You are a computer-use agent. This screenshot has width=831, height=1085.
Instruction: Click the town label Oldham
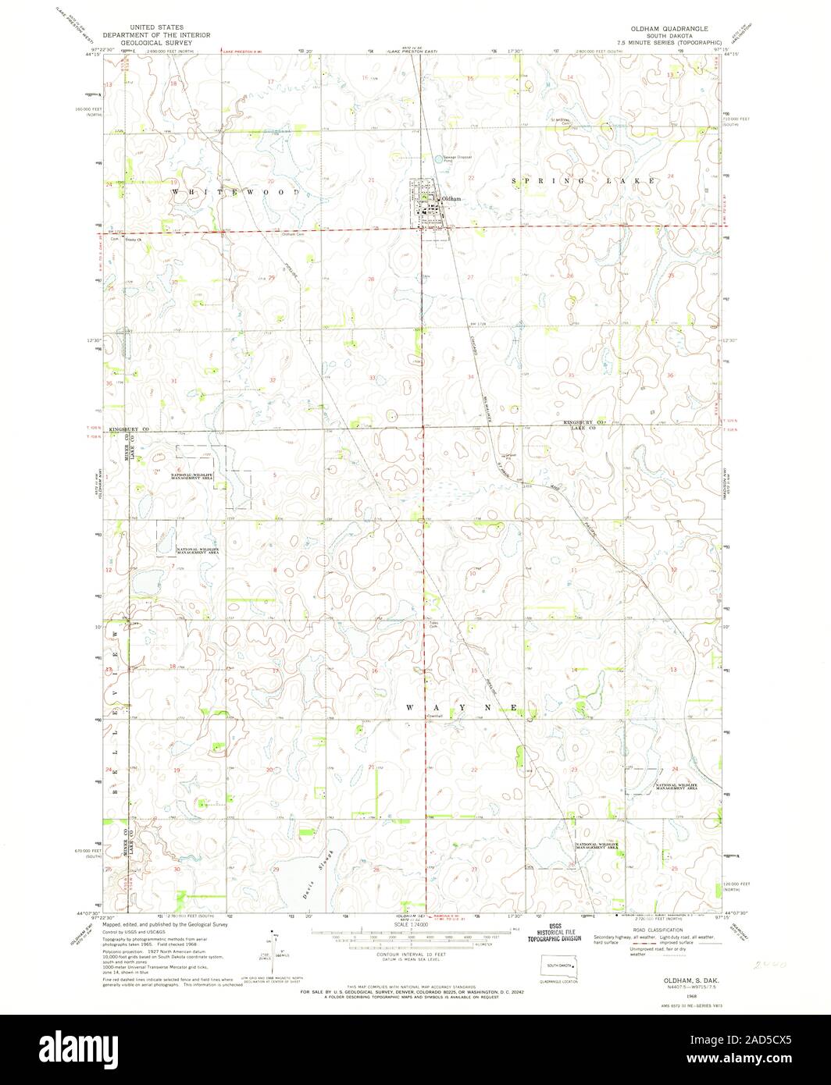coord(452,199)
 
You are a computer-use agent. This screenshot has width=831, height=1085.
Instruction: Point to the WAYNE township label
coord(462,707)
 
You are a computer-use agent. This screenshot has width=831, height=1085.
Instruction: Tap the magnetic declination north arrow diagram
coord(275,946)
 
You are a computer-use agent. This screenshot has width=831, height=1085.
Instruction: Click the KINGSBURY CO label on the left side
coord(128,429)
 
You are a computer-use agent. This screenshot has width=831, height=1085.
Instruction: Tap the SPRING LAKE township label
coord(583,180)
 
